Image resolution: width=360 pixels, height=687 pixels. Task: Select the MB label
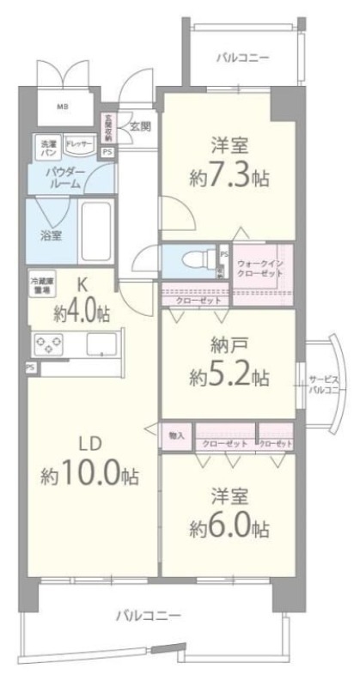pyautogui.click(x=63, y=106)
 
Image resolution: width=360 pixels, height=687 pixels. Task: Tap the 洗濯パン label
pyautogui.click(x=46, y=147)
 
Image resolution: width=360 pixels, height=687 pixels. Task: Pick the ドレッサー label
pyautogui.click(x=79, y=145)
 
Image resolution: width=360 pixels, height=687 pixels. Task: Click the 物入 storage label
pyautogui.click(x=177, y=436)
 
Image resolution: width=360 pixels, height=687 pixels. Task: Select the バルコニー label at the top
pyautogui.click(x=242, y=58)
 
